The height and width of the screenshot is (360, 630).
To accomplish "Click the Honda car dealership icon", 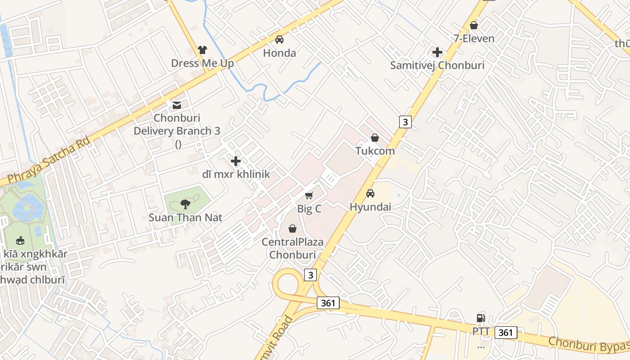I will click(x=279, y=40).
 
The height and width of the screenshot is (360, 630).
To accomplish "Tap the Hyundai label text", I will click(x=370, y=207).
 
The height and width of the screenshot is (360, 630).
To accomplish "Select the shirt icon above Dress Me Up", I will click(x=202, y=50).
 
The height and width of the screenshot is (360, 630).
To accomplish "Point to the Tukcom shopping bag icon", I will click(x=374, y=138).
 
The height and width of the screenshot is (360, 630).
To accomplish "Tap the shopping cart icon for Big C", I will click(x=309, y=195).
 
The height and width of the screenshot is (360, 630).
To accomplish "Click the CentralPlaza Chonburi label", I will click(x=292, y=248).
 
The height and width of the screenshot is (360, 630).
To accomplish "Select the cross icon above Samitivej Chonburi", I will click(x=437, y=52).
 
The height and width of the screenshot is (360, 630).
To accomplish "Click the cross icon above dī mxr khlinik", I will click(x=235, y=161).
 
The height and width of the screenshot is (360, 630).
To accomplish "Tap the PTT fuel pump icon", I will click(x=481, y=318).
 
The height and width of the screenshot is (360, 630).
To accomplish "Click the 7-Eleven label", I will click(x=474, y=38).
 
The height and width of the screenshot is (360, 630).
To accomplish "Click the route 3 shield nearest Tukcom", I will click(x=405, y=121).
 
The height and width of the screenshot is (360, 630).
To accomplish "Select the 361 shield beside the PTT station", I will click(x=506, y=333).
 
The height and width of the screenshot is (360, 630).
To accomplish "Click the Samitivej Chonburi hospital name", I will click(x=437, y=65).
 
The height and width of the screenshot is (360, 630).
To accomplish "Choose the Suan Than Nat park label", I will click(x=185, y=218).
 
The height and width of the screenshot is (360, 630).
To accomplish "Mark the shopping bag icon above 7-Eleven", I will click(x=473, y=26).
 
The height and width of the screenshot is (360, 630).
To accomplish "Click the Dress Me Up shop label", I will click(x=202, y=63).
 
